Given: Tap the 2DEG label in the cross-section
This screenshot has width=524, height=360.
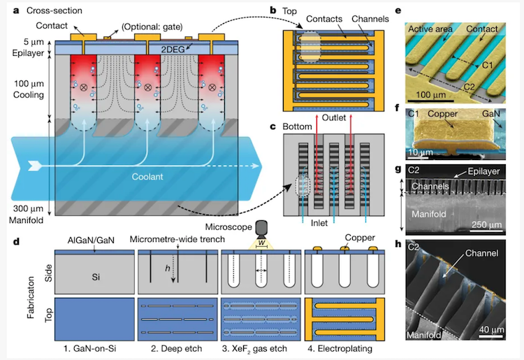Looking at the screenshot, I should (175, 50).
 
